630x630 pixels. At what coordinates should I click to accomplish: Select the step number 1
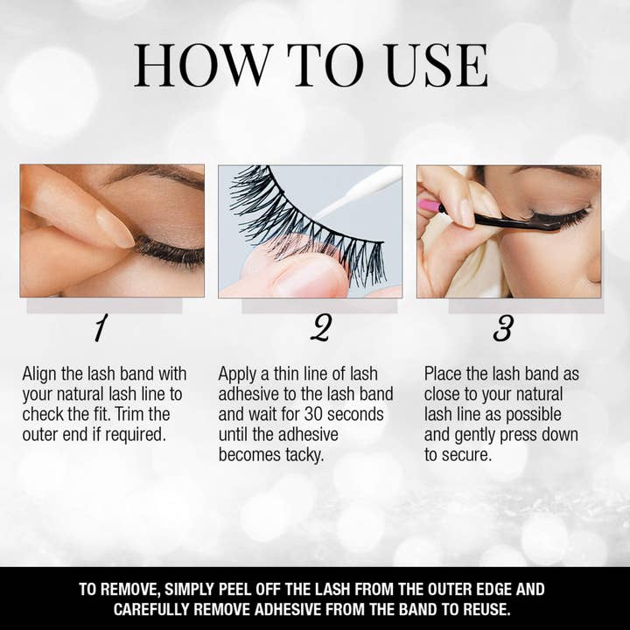(x=101, y=329)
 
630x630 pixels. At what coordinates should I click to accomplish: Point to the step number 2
(x=320, y=329)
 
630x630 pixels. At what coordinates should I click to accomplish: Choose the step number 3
(x=503, y=329)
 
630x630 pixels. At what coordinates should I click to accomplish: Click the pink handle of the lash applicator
(x=429, y=206)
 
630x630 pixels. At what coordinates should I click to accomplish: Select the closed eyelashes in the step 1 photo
(x=171, y=255)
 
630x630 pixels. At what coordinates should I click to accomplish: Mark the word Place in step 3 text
(x=446, y=374)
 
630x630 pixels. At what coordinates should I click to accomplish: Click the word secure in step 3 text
(x=471, y=454)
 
